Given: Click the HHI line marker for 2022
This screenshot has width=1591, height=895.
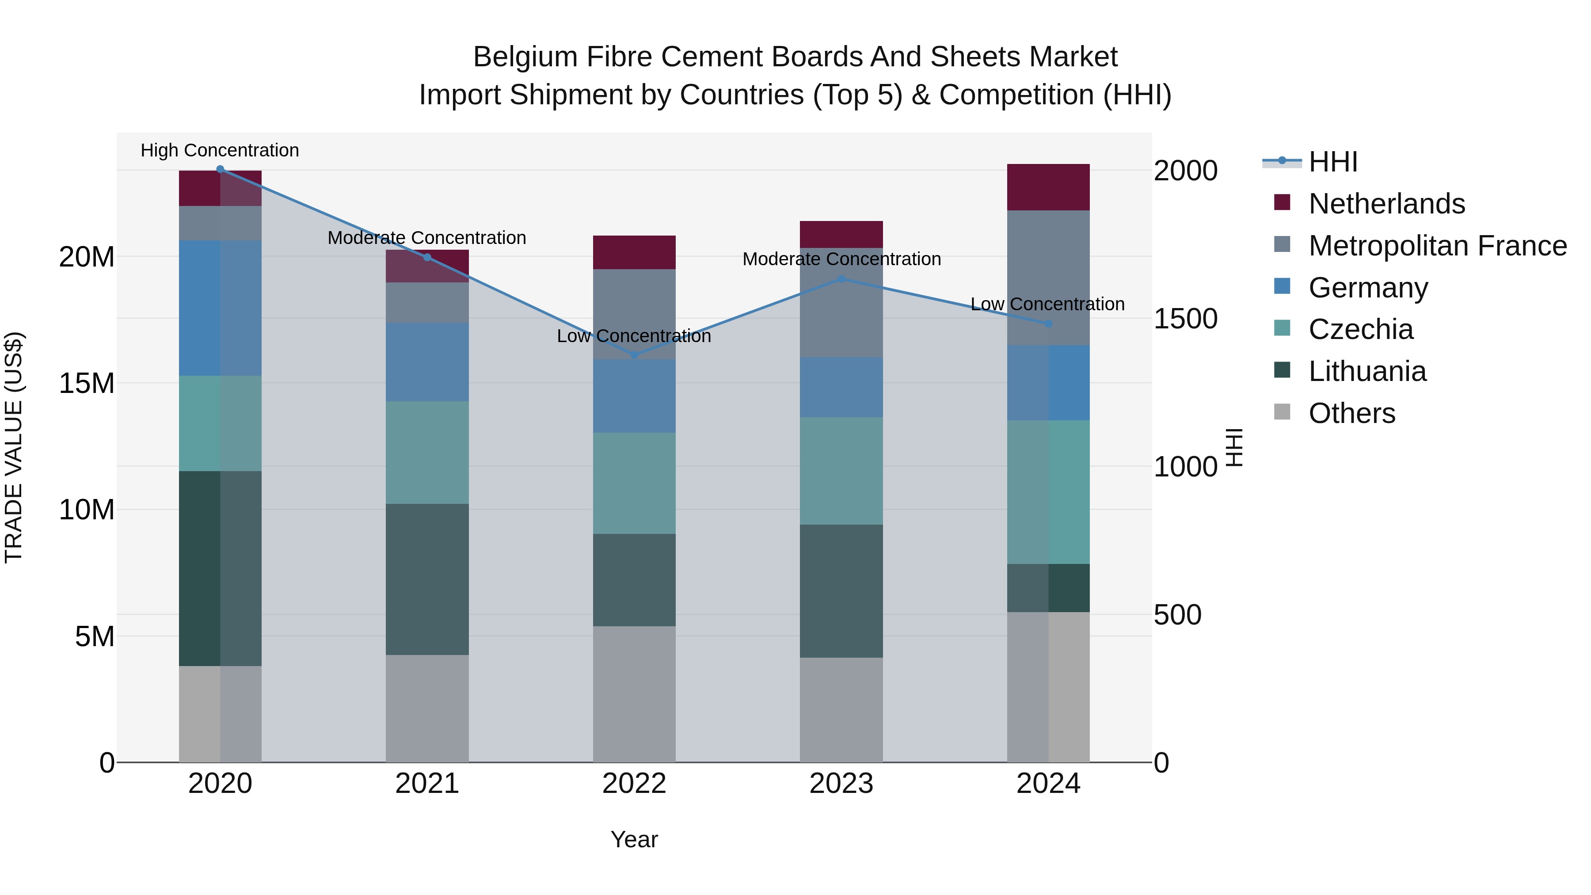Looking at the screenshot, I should coord(634,355).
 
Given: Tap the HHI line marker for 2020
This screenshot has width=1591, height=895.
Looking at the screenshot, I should coord(220,169).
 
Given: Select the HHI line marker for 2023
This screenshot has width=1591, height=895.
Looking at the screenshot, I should coord(841,279).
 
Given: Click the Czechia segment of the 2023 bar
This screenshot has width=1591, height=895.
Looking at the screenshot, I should coord(841,471).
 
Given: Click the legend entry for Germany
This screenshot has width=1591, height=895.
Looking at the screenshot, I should coord(1367,288).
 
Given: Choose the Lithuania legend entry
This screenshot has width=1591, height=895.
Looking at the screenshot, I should coord(1367,371).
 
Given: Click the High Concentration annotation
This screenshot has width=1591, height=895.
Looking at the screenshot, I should coord(220,150).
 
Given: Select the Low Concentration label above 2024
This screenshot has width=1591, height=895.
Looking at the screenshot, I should coord(1047,304).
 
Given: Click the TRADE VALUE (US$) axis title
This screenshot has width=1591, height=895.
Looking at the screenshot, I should coord(14,447).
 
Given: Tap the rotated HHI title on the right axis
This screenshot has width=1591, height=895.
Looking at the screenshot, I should coord(1234,447).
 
